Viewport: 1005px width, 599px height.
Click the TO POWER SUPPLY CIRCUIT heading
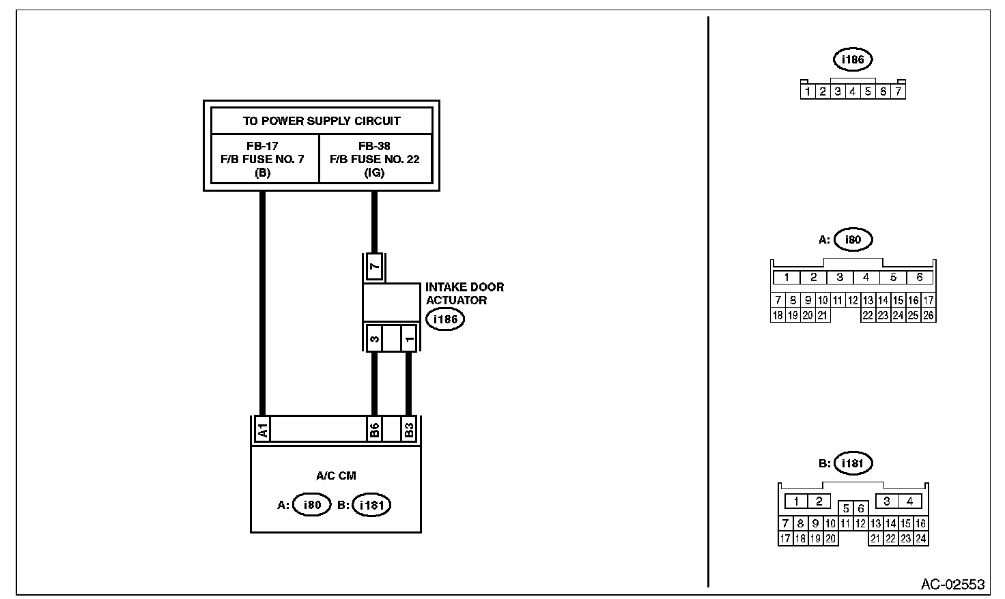click(x=322, y=121)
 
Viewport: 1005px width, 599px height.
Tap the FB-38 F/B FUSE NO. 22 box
click(x=375, y=159)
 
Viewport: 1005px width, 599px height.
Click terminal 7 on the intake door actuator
click(x=374, y=267)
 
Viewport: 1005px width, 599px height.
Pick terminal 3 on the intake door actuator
click(x=374, y=338)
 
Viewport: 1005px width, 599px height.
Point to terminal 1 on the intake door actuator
click(x=408, y=338)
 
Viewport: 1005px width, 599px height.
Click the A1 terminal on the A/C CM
click(x=262, y=430)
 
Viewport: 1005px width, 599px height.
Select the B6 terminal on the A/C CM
click(x=374, y=430)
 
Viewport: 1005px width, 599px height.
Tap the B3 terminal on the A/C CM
click(x=408, y=430)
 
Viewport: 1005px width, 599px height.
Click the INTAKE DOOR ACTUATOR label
click(x=464, y=294)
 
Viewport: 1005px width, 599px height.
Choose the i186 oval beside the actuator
click(x=444, y=319)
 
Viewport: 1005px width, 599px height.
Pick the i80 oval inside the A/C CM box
click(x=311, y=506)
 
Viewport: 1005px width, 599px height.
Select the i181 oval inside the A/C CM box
click(x=371, y=506)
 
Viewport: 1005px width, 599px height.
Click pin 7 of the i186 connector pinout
click(x=898, y=91)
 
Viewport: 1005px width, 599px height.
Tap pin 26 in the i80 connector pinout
click(x=928, y=315)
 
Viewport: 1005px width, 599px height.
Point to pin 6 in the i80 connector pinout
click(x=920, y=278)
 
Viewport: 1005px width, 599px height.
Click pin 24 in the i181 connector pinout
click(x=920, y=538)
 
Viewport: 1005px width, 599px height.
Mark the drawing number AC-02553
click(x=952, y=585)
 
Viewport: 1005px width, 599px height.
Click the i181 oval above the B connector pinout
click(x=853, y=464)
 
